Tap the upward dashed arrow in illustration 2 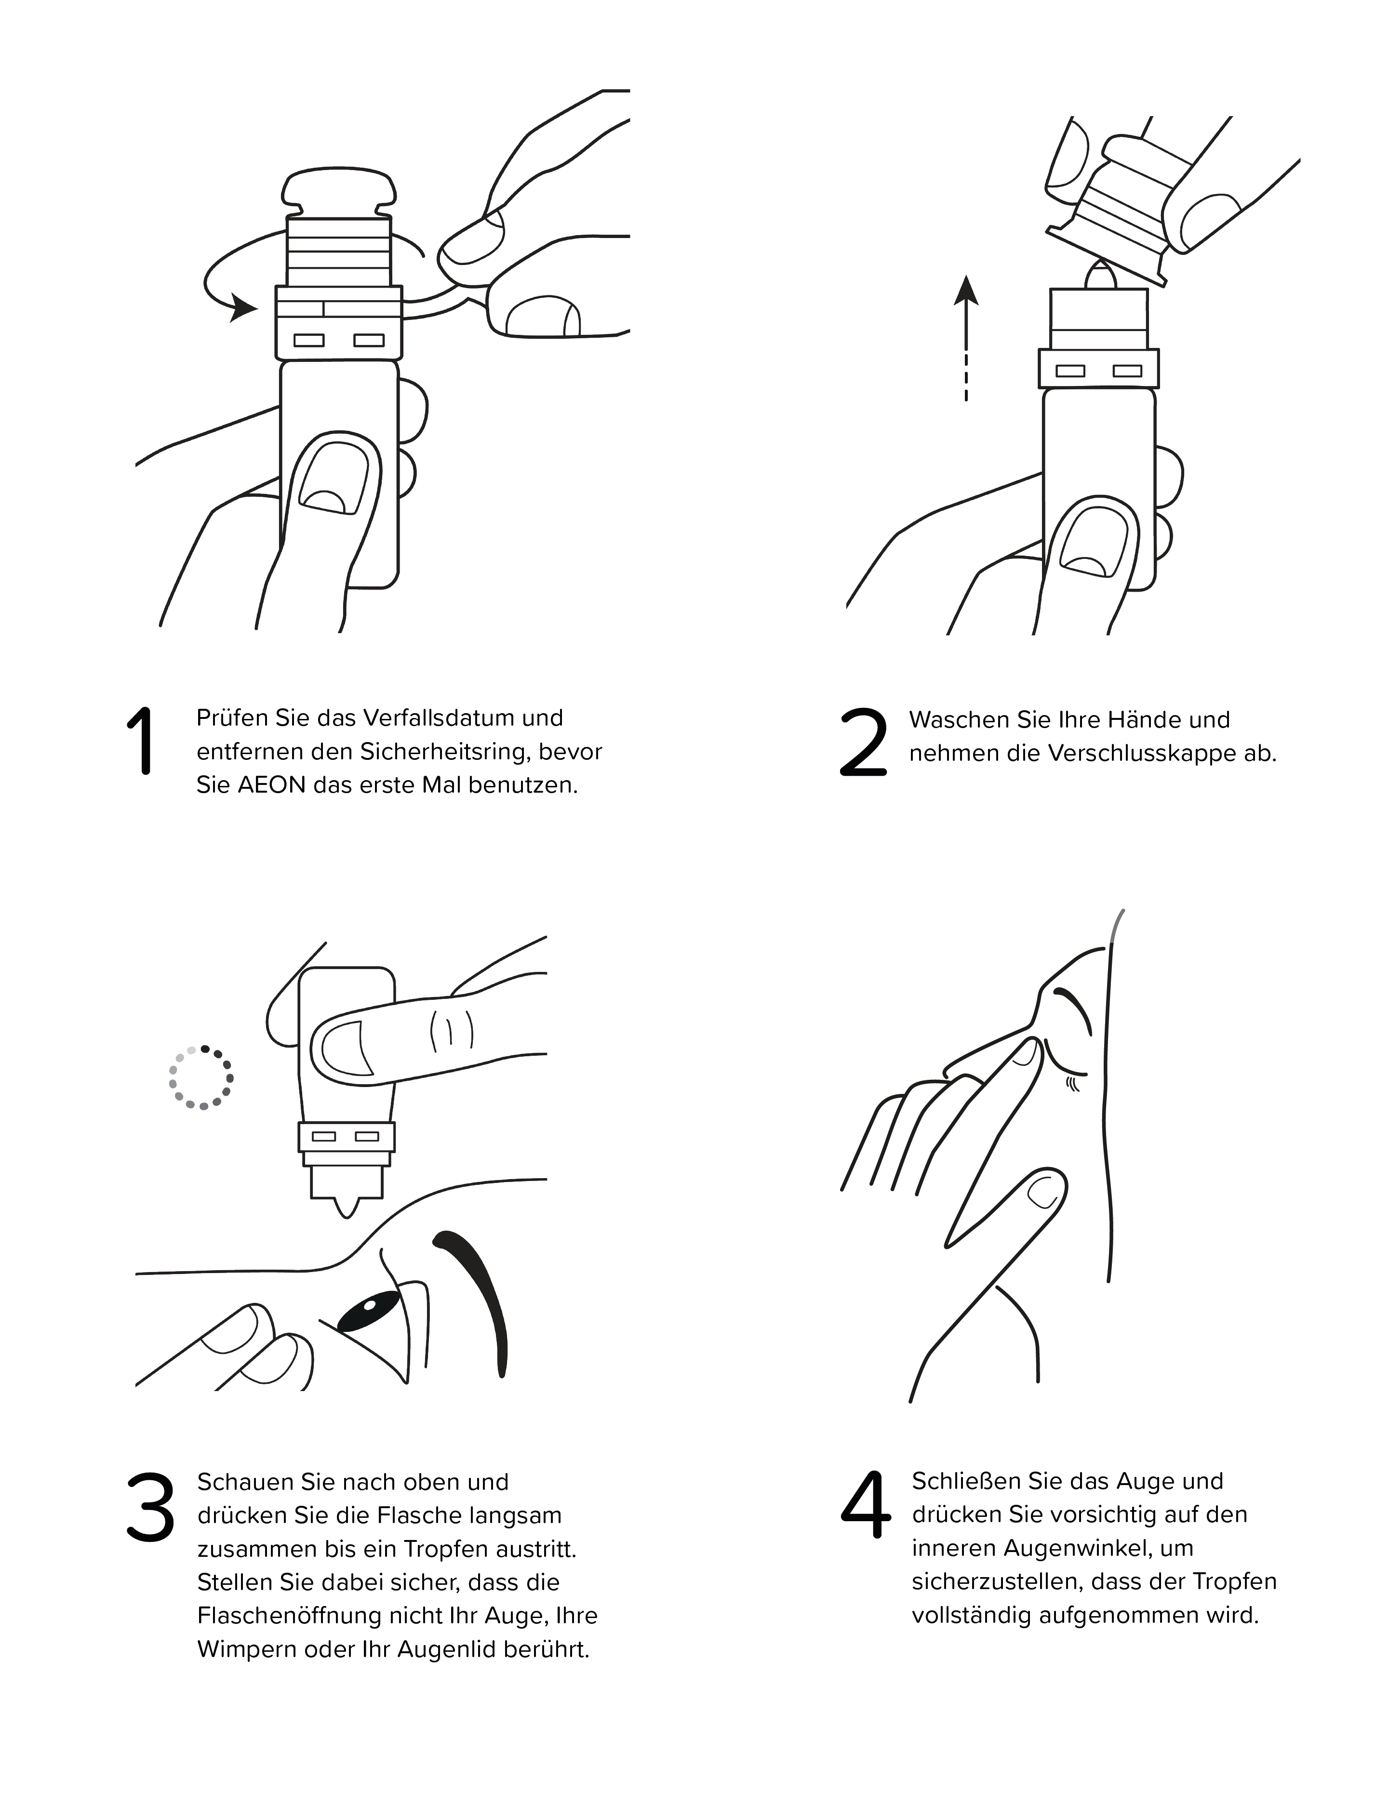[x=966, y=339]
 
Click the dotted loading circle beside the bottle [x=201, y=1078]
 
